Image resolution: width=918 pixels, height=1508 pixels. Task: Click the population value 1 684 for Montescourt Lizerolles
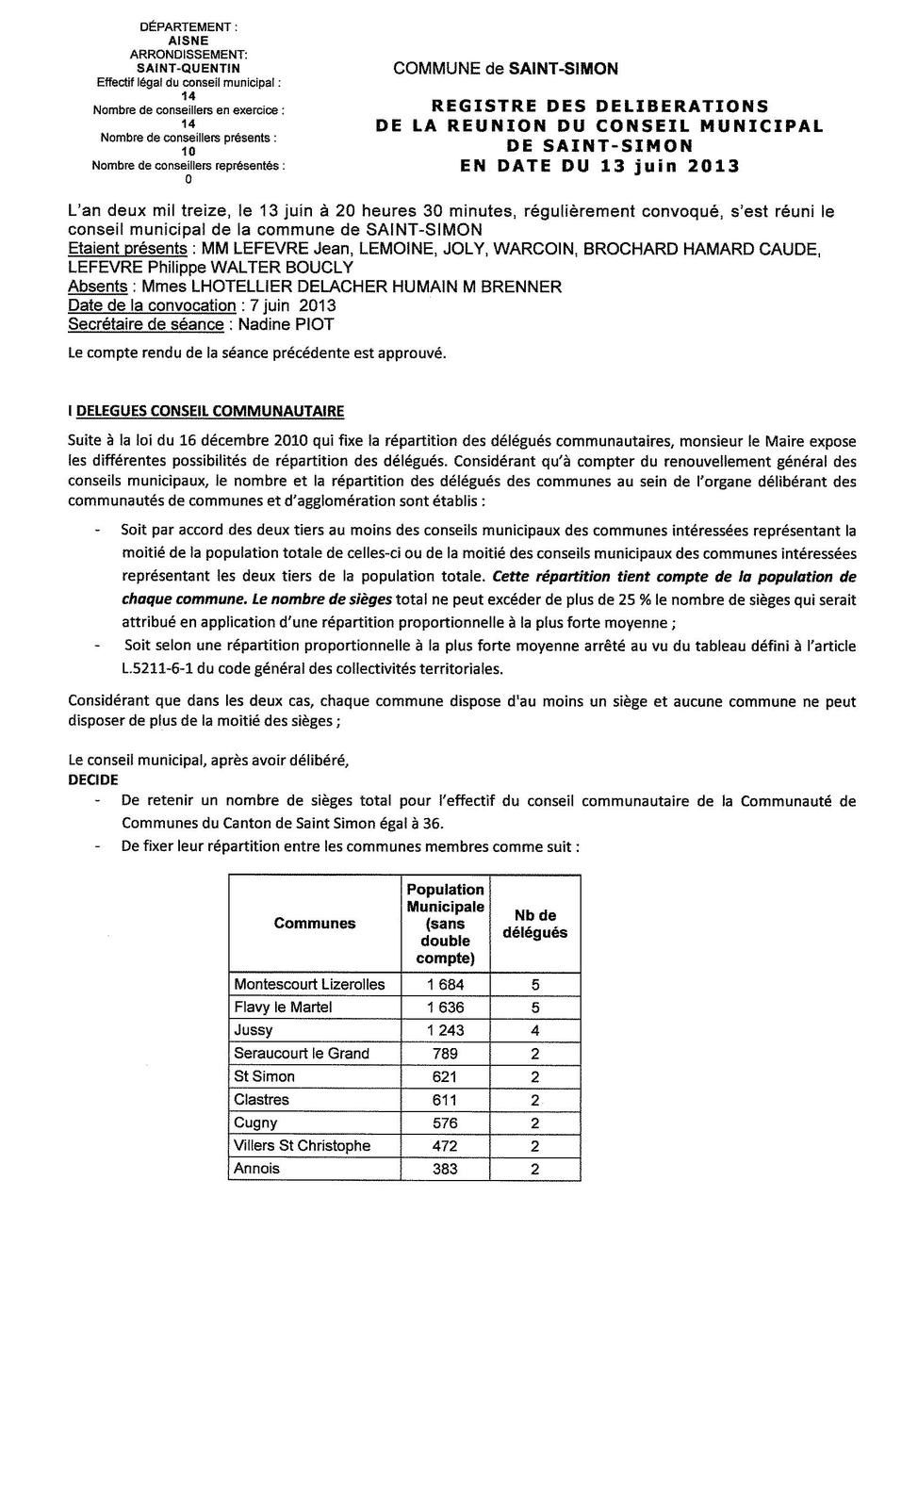coord(445,984)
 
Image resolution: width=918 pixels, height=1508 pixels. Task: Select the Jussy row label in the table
coord(254,1030)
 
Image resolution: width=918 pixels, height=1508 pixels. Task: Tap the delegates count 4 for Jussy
coord(535,1030)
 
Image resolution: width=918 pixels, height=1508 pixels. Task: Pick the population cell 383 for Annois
coord(445,1169)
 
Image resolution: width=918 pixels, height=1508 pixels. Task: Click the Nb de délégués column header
coord(535,924)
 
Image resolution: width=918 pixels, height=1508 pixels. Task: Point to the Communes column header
coord(315,924)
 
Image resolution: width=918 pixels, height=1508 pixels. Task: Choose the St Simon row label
coord(265,1076)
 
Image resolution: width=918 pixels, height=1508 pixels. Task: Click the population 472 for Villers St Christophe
coord(445,1146)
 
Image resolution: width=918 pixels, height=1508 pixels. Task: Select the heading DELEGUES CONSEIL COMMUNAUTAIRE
coord(209,411)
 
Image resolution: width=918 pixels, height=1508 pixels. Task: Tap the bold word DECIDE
coord(93,779)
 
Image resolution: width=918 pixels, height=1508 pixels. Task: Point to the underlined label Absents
coord(98,287)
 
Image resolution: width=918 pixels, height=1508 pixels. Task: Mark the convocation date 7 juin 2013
coord(293,305)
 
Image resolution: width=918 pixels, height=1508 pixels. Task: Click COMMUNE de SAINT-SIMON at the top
coord(505,69)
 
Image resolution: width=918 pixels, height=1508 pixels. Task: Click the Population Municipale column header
coord(445,924)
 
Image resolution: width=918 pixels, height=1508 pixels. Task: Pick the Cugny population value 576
coord(445,1123)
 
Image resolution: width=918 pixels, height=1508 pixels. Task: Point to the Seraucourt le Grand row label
coord(302,1054)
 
